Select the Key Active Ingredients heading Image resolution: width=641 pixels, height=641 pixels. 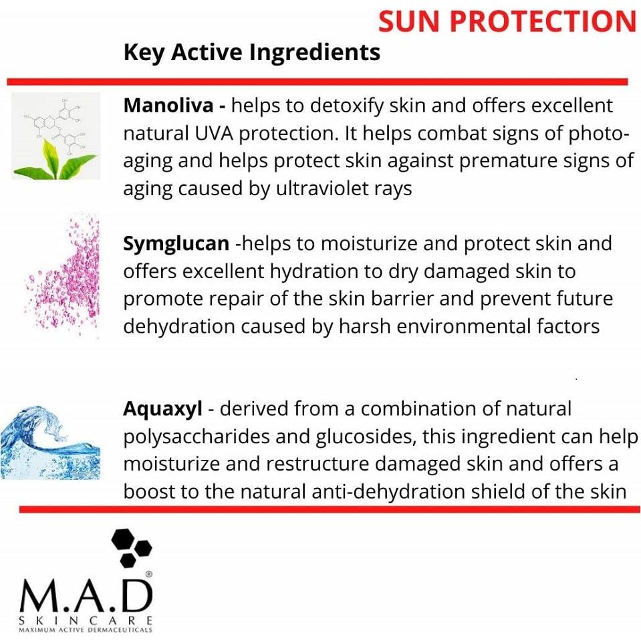(x=251, y=52)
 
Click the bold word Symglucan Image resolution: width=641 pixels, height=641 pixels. (x=176, y=243)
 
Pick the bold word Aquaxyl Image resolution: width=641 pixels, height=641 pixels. (x=162, y=408)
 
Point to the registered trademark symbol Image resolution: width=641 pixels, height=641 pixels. (x=148, y=573)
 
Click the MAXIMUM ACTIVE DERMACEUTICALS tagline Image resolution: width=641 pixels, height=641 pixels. (x=85, y=630)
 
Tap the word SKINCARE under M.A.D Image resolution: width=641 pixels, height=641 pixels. (x=85, y=620)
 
